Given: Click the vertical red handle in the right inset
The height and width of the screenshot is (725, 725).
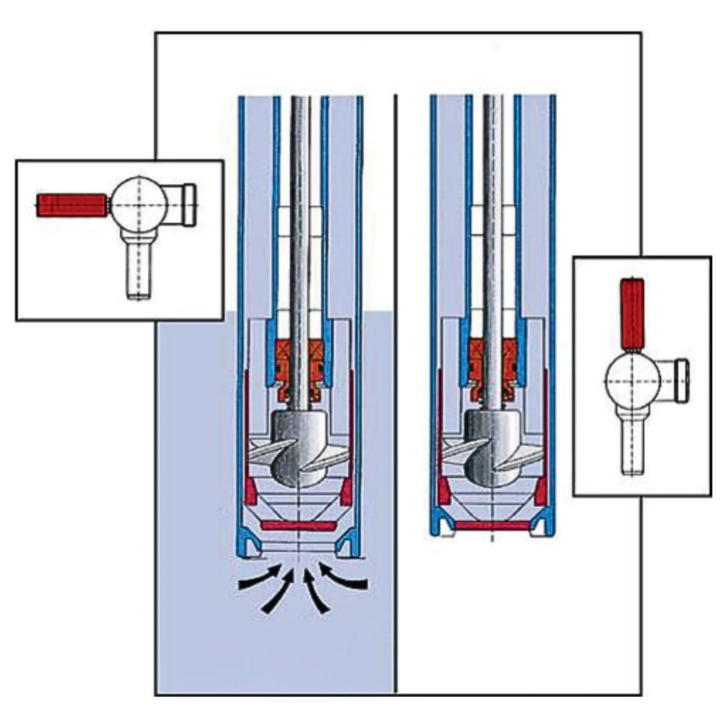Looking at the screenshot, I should coord(632,314).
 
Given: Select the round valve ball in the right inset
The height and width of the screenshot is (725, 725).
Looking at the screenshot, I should coord(633,381).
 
